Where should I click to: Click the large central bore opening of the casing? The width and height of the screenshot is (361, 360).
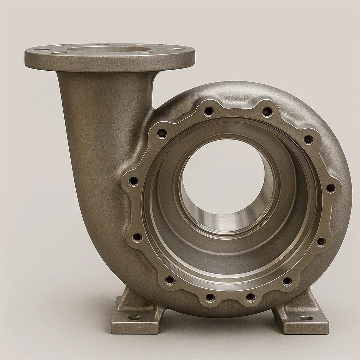(x=223, y=176)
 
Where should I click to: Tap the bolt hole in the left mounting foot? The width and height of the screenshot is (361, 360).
(x=134, y=317)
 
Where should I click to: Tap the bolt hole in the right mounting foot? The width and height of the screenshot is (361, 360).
(x=306, y=318)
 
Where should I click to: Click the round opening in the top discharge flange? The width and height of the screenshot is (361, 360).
(x=109, y=49)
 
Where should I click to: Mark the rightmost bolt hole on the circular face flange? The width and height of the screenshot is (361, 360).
(x=330, y=188)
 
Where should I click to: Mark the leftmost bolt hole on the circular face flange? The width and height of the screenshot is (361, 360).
(x=133, y=181)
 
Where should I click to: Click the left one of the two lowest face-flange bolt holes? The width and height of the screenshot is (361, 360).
(x=210, y=297)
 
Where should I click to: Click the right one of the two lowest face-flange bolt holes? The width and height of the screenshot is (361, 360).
(x=250, y=297)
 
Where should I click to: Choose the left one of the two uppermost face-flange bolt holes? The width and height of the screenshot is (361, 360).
(x=209, y=111)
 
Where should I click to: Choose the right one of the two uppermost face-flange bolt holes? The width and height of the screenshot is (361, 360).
(x=267, y=112)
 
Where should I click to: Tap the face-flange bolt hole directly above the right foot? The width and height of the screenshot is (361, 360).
(x=287, y=281)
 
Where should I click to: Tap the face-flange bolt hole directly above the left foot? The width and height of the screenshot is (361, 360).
(x=170, y=280)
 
